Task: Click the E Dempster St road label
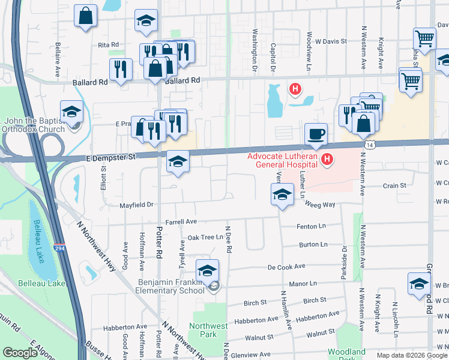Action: point(112,157)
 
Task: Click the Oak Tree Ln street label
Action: point(205,237)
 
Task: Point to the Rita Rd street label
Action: point(108,45)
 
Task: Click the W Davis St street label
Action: point(327,41)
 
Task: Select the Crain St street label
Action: point(394,186)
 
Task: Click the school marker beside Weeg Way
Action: point(282,194)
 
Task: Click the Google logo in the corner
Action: point(20,353)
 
